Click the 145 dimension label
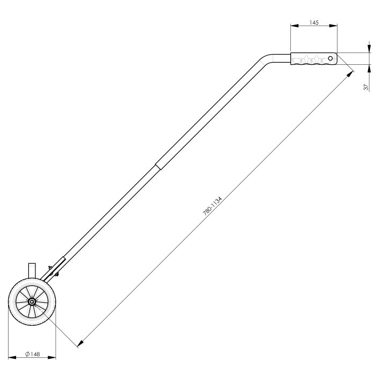[314, 22]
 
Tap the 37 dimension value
[365, 87]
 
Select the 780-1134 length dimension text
[213, 205]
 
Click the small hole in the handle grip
[331, 57]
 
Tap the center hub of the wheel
[32, 302]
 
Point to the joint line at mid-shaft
[157, 167]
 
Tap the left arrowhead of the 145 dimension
[293, 25]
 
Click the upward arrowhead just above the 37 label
[369, 67]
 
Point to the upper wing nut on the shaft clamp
[49, 267]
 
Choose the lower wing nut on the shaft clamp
[57, 275]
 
